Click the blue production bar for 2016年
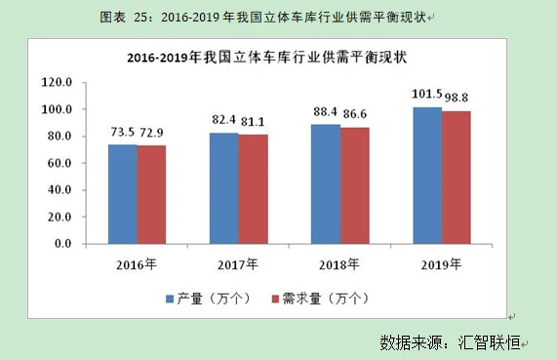pyautogui.click(x=122, y=194)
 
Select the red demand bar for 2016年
pyautogui.click(x=151, y=195)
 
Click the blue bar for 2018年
pyautogui.click(x=326, y=184)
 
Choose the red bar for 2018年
pyautogui.click(x=355, y=185)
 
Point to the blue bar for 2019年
pyautogui.click(x=427, y=176)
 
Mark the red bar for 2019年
pyautogui.click(x=457, y=178)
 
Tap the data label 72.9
pyautogui.click(x=152, y=130)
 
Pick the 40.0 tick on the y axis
pyautogui.click(x=60, y=190)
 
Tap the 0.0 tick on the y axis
pyautogui.click(x=63, y=244)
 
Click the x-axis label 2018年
pyautogui.click(x=340, y=264)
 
